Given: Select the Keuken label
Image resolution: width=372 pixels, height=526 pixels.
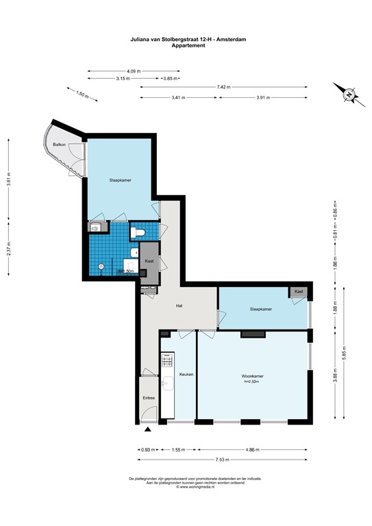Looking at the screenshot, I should [x=186, y=375].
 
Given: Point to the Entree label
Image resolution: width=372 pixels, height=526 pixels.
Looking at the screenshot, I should [x=149, y=398].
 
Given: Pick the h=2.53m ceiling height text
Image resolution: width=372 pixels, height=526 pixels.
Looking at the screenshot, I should [x=253, y=382].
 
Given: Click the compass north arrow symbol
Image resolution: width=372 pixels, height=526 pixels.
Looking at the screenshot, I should [x=347, y=93].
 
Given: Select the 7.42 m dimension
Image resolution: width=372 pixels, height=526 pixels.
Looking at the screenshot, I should [x=223, y=87].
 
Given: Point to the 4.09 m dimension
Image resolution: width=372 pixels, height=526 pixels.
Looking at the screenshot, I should [x=134, y=71].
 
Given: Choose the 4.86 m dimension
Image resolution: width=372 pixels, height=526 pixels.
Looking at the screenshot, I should [x=252, y=450].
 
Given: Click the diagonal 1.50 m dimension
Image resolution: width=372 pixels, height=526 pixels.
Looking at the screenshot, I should [x=80, y=95].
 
